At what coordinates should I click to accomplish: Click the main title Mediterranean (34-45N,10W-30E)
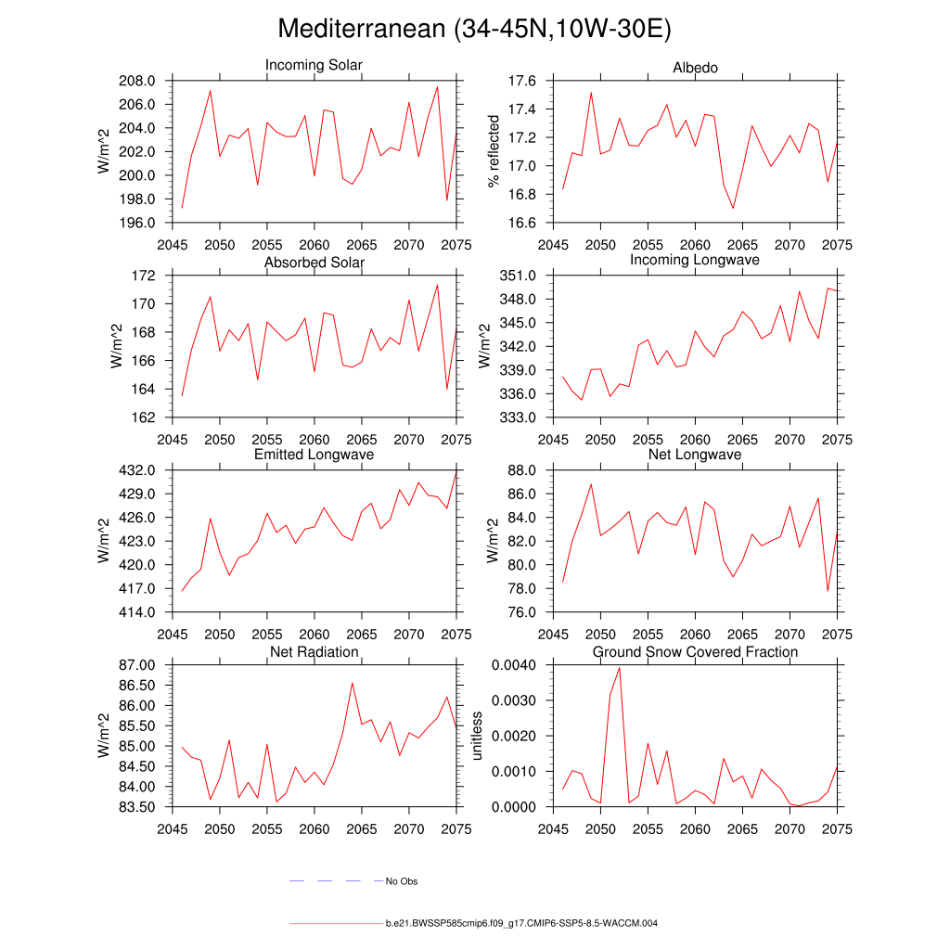tap(474, 30)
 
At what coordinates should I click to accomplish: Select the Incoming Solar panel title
tap(314, 66)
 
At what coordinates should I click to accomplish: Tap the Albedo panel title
tap(695, 68)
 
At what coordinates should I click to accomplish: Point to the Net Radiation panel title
tap(314, 652)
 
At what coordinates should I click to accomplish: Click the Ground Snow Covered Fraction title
tap(695, 652)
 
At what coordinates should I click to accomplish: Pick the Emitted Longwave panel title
tap(314, 456)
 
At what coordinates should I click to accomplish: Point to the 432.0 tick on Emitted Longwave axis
tap(139, 470)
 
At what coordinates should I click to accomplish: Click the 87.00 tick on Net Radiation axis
tap(135, 665)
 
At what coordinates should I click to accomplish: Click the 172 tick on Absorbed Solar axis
tap(146, 276)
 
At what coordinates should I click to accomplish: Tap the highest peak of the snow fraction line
tap(619, 668)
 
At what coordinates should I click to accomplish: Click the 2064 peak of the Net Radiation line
tap(352, 683)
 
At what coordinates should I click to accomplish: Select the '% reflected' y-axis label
tap(494, 151)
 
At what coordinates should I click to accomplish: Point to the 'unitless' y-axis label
tap(477, 736)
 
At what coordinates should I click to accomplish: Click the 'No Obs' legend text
tap(402, 881)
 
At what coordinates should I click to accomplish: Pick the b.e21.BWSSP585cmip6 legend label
tap(521, 924)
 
